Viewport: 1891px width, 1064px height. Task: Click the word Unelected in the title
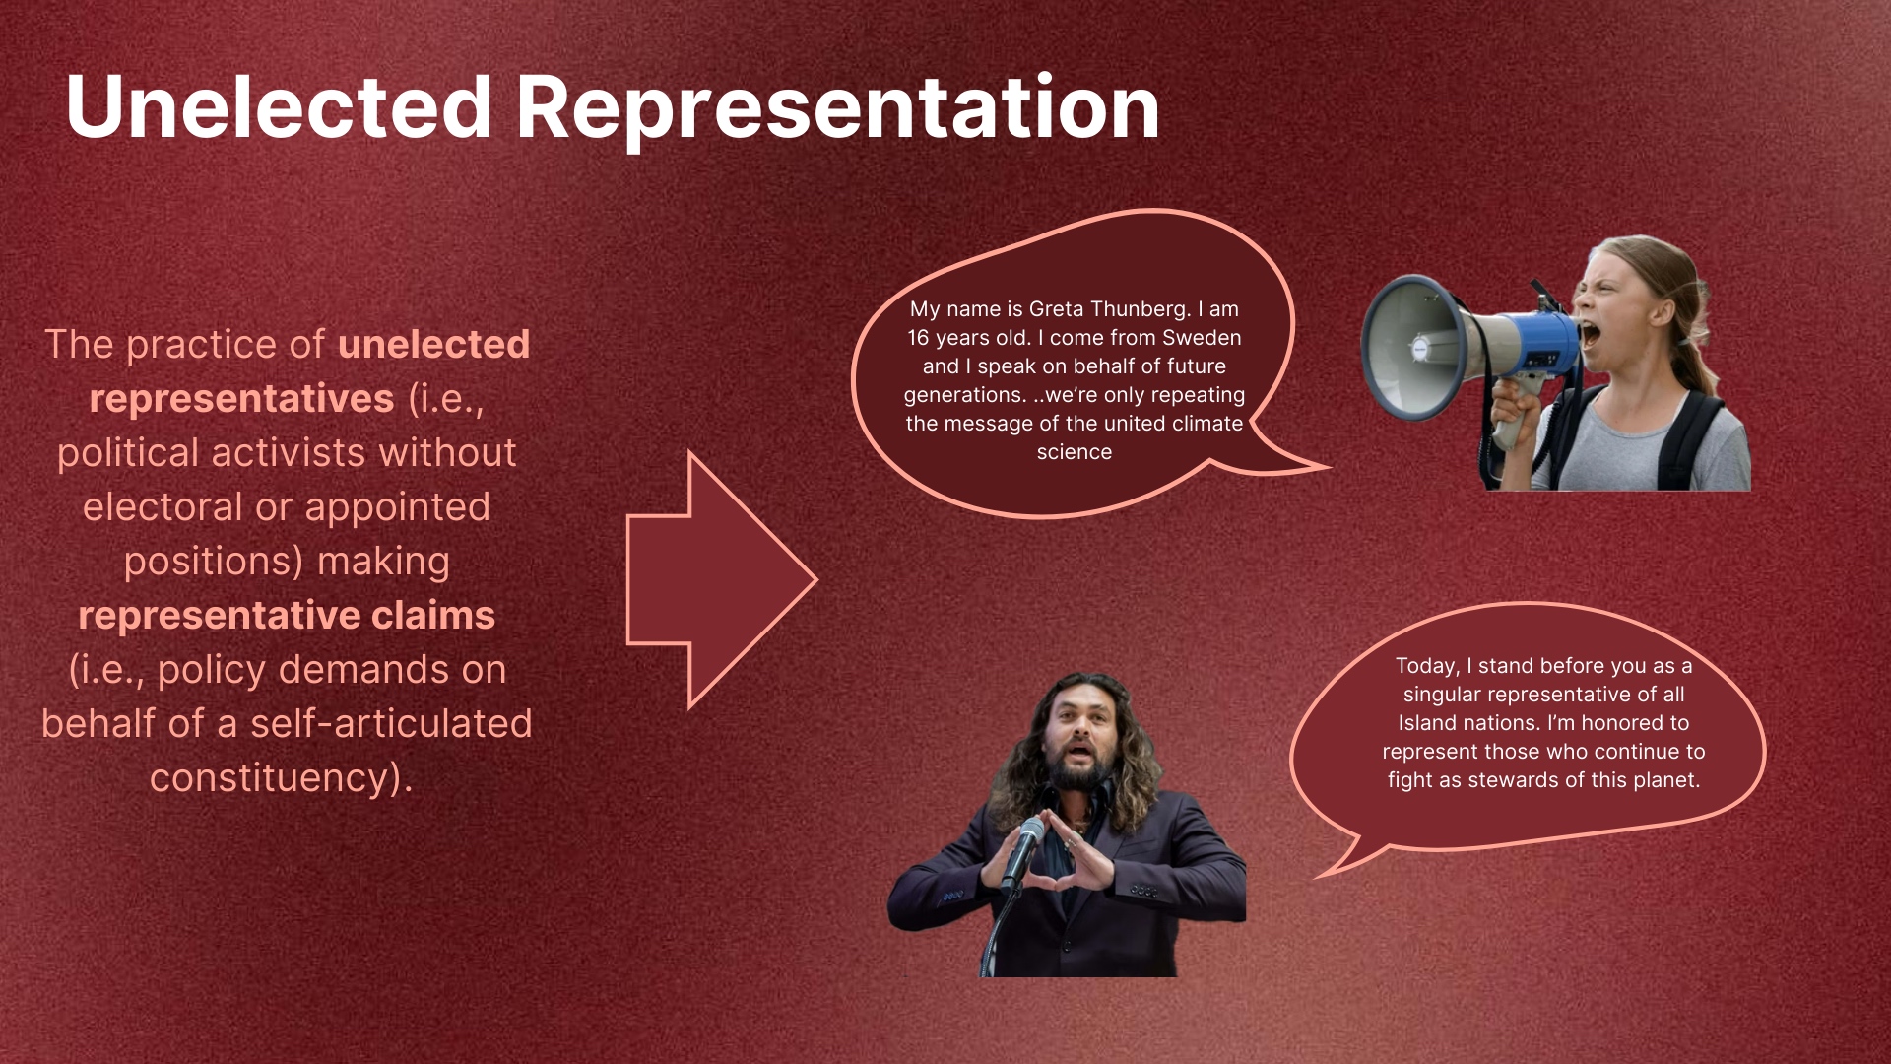point(279,106)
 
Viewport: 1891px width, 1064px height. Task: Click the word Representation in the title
point(838,108)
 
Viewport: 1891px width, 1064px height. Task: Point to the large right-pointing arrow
point(722,580)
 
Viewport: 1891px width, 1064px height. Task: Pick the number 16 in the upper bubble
point(918,338)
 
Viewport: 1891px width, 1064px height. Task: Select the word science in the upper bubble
point(1075,452)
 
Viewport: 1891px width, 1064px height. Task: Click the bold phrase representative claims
point(287,616)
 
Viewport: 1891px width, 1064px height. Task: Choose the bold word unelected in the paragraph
point(433,344)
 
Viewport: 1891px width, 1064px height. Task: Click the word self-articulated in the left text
point(391,723)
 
